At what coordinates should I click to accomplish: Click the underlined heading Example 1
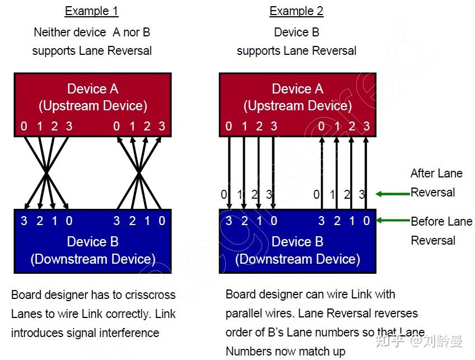[x=91, y=11]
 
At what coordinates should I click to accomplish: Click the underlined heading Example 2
[x=296, y=11]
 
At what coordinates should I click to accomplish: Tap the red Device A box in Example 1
[x=92, y=98]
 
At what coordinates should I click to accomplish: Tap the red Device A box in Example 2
[x=297, y=98]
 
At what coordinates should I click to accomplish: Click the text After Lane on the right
[x=436, y=174]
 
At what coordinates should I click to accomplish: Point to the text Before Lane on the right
[x=441, y=222]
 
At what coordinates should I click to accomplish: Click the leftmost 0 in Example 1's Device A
[x=24, y=127]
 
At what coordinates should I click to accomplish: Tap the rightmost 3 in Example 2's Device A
[x=366, y=127]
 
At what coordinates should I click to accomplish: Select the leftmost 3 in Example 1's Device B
[x=24, y=221]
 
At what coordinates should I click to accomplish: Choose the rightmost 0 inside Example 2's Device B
[x=366, y=221]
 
